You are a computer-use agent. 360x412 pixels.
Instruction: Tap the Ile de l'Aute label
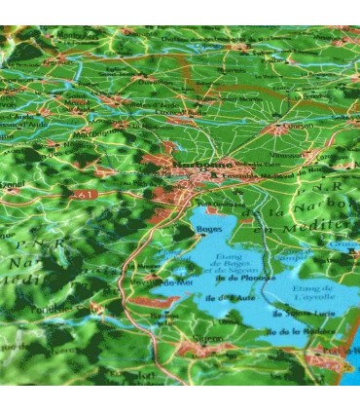(x=231, y=298)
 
